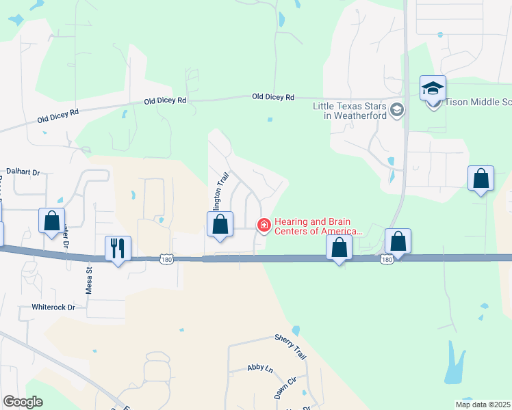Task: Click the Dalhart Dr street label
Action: (x=25, y=172)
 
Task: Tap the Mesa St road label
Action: (x=89, y=279)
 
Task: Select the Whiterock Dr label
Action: (x=53, y=307)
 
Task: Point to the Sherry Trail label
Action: (x=291, y=346)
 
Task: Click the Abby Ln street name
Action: (x=260, y=369)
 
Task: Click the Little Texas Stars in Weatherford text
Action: (x=349, y=111)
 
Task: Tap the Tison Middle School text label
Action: (x=478, y=102)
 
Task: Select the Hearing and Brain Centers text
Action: (x=318, y=227)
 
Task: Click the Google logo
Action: (x=23, y=402)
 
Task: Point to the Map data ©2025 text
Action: (x=483, y=405)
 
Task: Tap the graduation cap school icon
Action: (x=433, y=88)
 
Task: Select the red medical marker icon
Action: (x=264, y=225)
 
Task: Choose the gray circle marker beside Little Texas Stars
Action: (x=396, y=109)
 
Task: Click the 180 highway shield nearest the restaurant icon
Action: (x=165, y=259)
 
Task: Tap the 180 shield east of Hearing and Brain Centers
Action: (x=387, y=260)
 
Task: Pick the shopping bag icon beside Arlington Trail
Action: (x=220, y=223)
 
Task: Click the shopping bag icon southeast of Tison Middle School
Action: (x=481, y=178)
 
